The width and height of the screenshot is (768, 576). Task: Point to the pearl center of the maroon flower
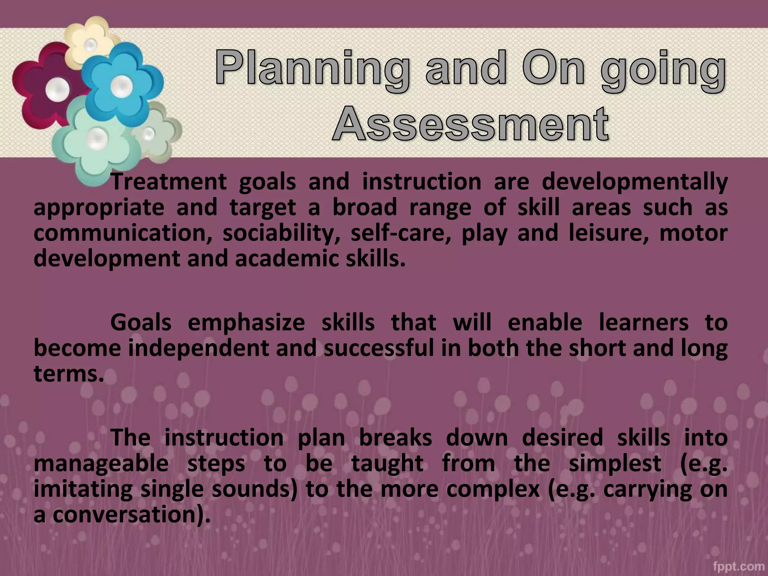(x=57, y=89)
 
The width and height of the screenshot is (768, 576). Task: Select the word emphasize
(x=246, y=322)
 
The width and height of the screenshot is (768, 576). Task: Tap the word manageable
(x=101, y=463)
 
